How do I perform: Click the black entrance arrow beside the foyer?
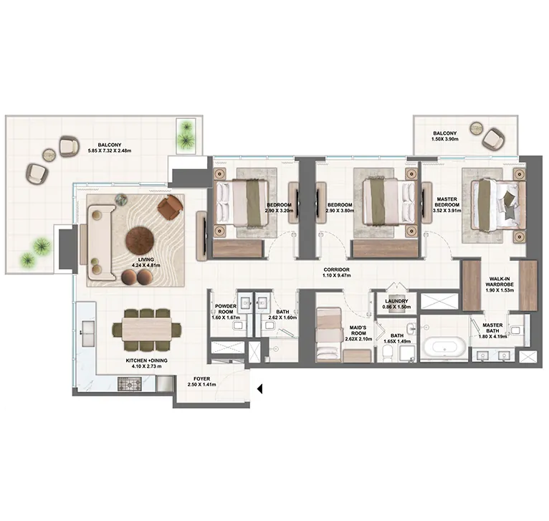point(259,388)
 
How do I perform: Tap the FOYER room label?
point(202,379)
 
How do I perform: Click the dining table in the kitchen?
point(147,328)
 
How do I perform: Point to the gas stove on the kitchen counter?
point(130,383)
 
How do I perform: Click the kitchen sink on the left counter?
point(88,333)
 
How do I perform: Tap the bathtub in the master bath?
point(444,347)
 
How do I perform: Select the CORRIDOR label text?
point(336,269)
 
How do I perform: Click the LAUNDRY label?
point(396,301)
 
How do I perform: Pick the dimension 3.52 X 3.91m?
point(447,211)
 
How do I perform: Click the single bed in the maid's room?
point(329,335)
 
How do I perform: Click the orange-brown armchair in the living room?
point(170,207)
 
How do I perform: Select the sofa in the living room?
point(101,243)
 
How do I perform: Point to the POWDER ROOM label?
point(226,309)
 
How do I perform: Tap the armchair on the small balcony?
point(494,139)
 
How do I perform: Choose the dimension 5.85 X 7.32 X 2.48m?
point(110,151)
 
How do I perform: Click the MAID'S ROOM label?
point(358,330)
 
